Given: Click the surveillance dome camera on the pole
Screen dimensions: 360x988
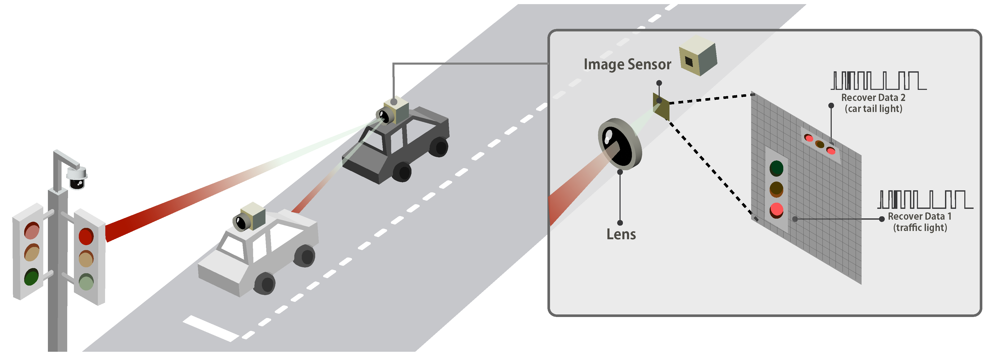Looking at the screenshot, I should click(77, 178).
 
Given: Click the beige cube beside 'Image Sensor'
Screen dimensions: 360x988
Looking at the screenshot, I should click(698, 56).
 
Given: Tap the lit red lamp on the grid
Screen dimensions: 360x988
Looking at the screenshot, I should click(776, 210).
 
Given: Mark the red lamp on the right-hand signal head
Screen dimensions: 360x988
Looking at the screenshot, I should click(86, 236).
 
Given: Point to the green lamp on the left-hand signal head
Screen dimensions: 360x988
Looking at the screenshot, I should click(31, 277).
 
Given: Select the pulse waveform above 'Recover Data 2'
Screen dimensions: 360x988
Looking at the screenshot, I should click(878, 81).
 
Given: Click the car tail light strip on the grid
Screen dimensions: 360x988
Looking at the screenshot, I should click(820, 144).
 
